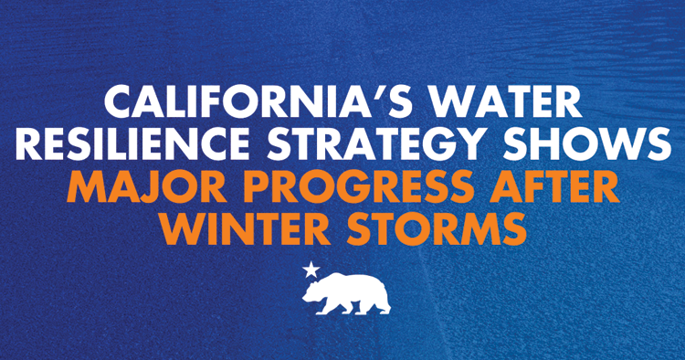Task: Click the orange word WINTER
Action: pyautogui.click(x=238, y=228)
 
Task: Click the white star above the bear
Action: pyautogui.click(x=311, y=270)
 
